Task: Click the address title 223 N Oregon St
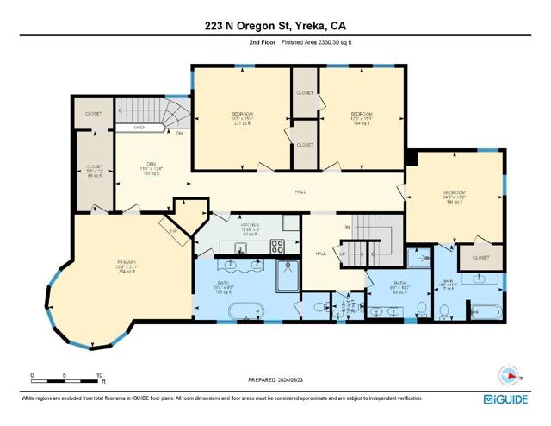pos(275,25)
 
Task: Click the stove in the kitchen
pos(279,244)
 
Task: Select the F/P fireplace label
pos(173,230)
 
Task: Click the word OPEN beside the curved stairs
pos(139,128)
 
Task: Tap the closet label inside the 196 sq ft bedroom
pos(480,257)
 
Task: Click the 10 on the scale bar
pos(100,376)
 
